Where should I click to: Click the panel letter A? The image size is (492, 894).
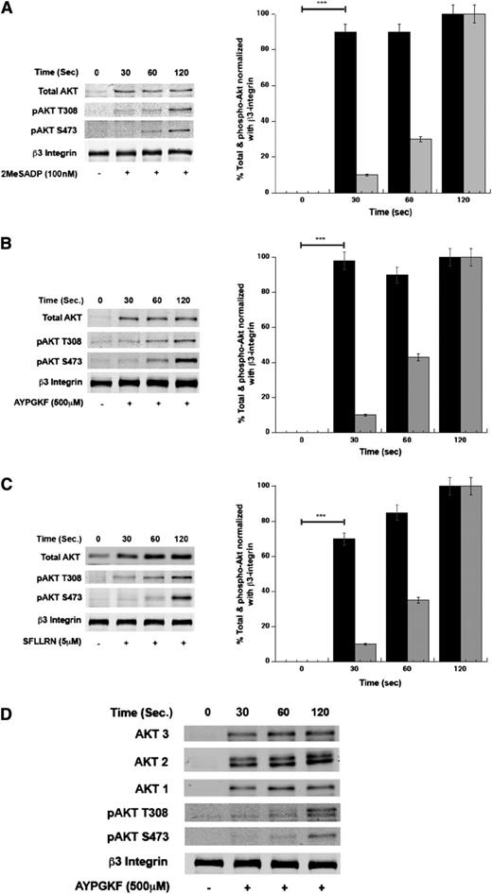(x=7, y=10)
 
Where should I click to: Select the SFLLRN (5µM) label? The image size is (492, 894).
(x=41, y=668)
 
